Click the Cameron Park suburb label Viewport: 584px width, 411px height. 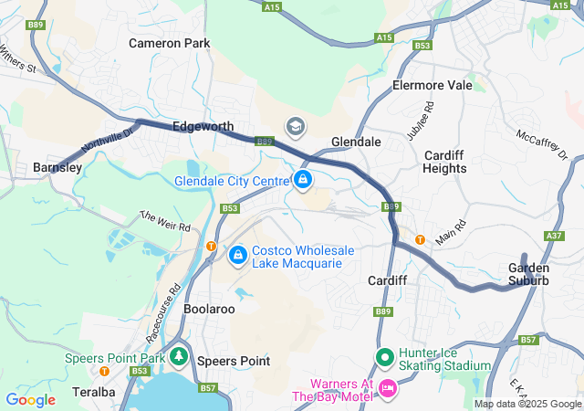pos(169,43)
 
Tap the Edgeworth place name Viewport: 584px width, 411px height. pos(203,126)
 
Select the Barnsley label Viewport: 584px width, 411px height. pos(57,167)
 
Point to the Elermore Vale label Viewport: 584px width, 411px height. pos(432,85)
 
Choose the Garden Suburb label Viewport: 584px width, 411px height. pos(529,274)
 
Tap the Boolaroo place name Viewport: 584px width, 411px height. pos(210,309)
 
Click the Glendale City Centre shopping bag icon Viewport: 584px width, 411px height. pos(302,180)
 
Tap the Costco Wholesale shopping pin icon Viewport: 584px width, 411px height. pos(238,255)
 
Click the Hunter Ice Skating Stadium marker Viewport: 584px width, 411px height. pos(384,357)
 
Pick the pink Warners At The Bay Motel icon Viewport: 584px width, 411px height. pos(387,389)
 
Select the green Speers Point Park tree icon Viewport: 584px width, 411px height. pos(180,355)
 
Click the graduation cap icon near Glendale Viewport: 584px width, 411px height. pos(296,125)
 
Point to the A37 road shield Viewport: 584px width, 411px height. pos(553,236)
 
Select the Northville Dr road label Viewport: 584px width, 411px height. pos(107,139)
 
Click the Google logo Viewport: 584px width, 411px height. pos(31,399)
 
